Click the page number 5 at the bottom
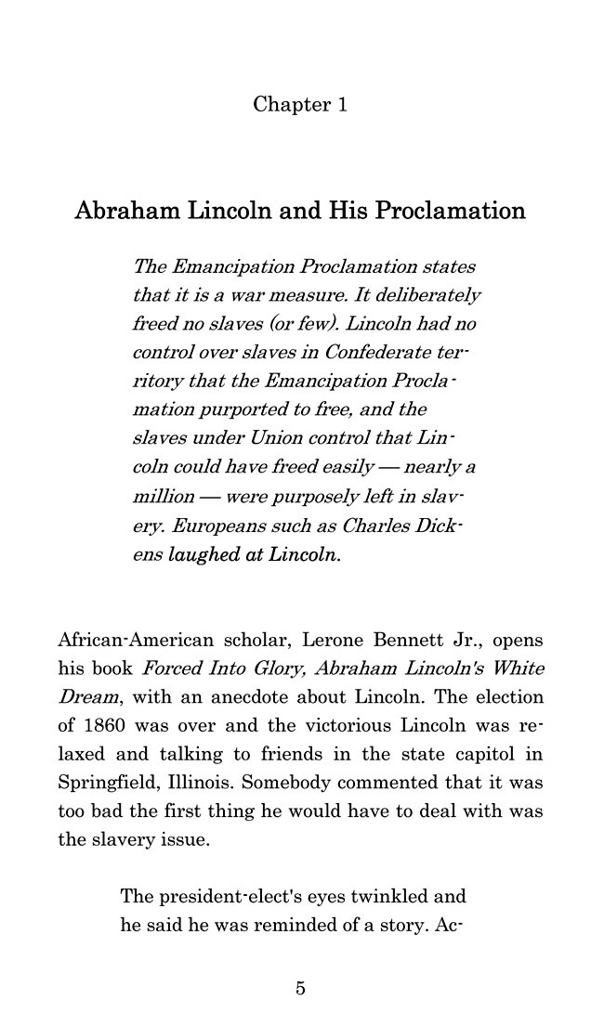point(300,988)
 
